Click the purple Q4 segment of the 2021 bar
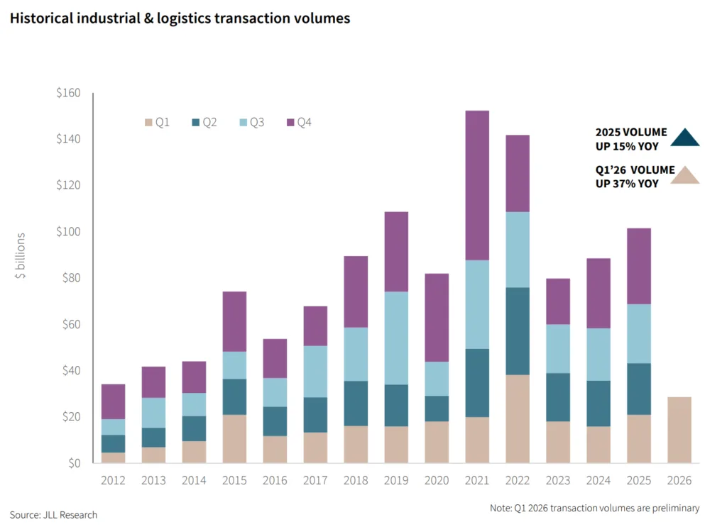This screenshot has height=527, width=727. (477, 185)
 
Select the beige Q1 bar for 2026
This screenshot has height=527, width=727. (679, 430)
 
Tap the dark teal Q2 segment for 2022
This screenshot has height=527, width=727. (518, 331)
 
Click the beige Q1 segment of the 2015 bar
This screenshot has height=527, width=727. (234, 438)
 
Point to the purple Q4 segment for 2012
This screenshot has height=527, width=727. (113, 401)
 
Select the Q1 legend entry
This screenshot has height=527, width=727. (157, 123)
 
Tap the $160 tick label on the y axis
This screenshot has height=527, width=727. (68, 93)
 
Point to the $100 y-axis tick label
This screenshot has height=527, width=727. (68, 232)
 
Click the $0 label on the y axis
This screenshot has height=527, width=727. (73, 463)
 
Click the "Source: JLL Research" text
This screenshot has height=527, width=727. (53, 515)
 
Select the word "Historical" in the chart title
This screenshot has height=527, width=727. (41, 19)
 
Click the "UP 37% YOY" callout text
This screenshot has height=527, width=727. (627, 184)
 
